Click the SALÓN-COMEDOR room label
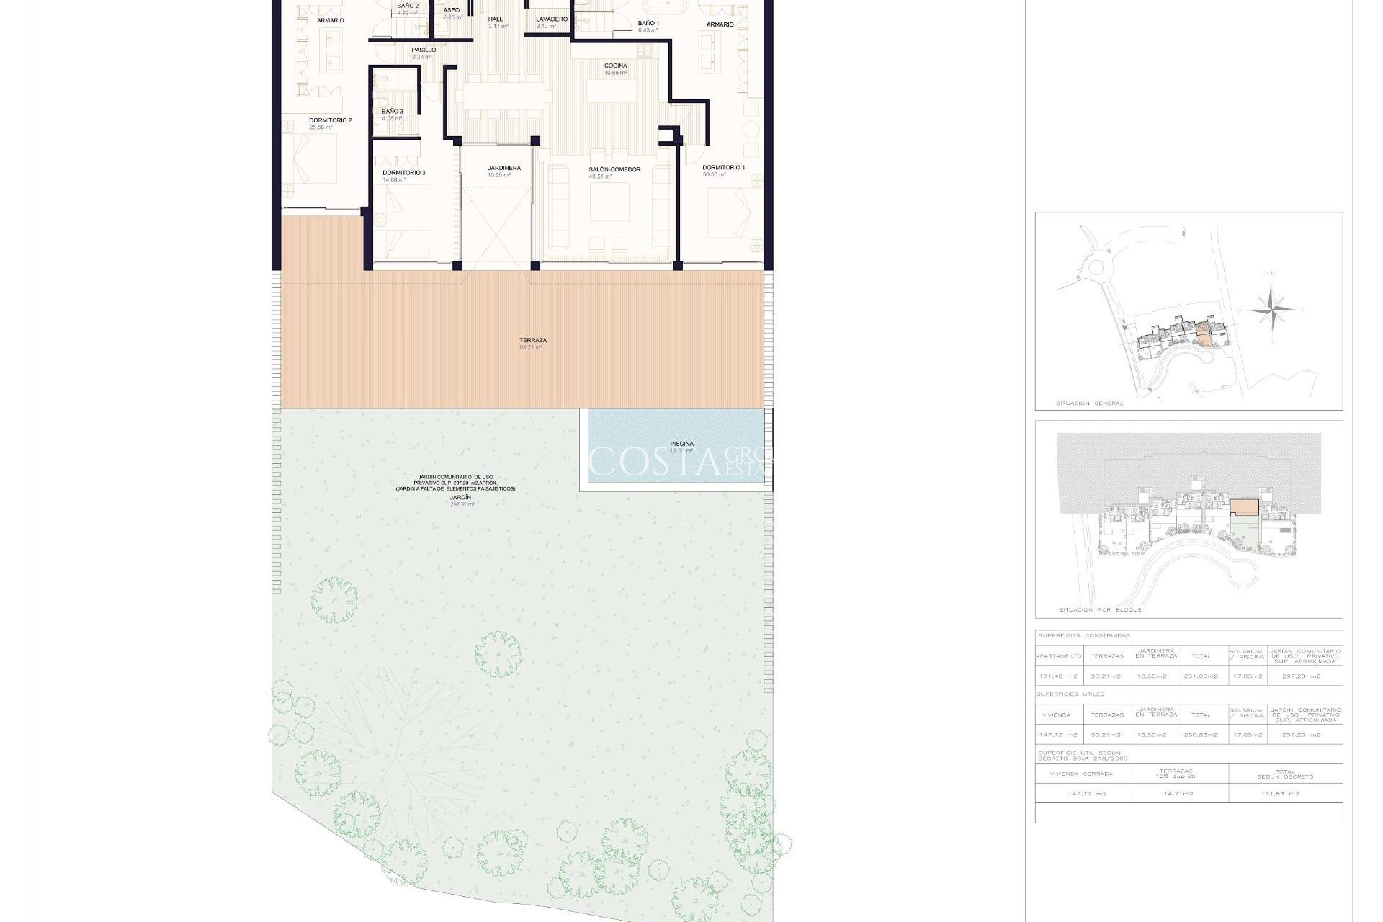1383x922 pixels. click(614, 170)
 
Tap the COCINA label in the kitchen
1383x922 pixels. click(615, 66)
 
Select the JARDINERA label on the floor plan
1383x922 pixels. click(503, 169)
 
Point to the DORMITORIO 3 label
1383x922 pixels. click(403, 173)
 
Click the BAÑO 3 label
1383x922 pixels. click(393, 112)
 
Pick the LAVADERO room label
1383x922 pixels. click(551, 19)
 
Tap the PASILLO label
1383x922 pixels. click(424, 50)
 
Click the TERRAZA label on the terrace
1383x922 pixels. click(532, 341)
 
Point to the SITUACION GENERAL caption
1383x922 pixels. click(1089, 403)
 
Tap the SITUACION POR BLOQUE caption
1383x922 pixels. click(1100, 610)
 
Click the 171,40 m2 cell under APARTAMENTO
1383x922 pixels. click(1058, 676)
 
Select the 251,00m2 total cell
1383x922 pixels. click(1201, 676)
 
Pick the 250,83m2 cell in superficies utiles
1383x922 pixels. click(1201, 735)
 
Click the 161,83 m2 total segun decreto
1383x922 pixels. click(1285, 794)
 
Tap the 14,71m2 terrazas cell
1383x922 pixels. click(1178, 794)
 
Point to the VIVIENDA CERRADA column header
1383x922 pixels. click(1081, 774)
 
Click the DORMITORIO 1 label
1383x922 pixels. click(723, 168)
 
